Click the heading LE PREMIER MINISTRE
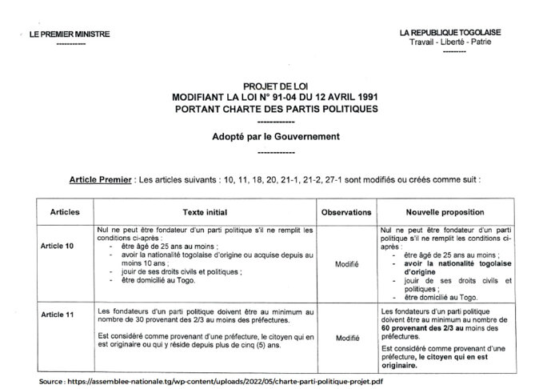coord(70,34)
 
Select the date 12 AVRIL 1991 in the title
coord(339,97)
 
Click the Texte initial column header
coord(205,214)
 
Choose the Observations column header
coord(346,214)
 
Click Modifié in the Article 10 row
coord(346,263)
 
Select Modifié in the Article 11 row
coord(346,338)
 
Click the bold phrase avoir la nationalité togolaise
coord(451,262)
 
